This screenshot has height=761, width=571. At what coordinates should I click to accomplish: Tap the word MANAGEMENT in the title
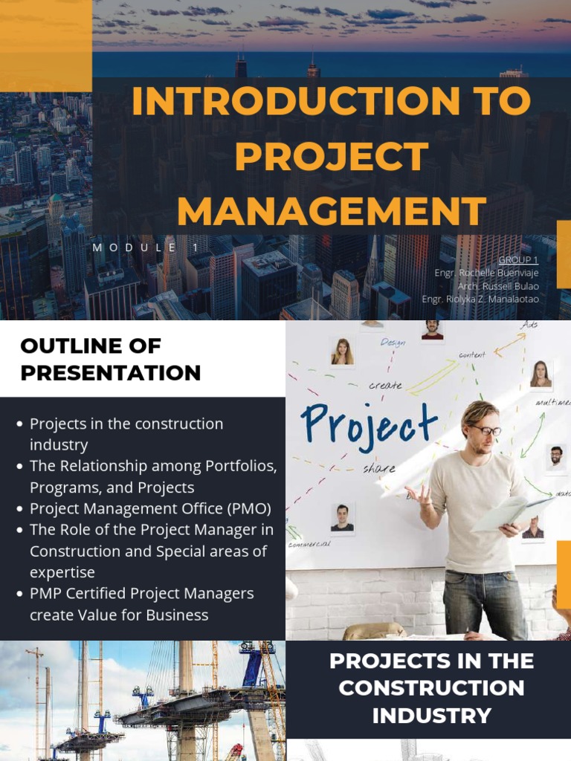pyautogui.click(x=332, y=211)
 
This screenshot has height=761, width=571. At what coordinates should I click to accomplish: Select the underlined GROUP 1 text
pyautogui.click(x=518, y=260)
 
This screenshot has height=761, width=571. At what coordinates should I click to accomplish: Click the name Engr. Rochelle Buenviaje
pyautogui.click(x=486, y=273)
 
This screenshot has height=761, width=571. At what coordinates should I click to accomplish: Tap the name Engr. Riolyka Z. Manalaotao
pyautogui.click(x=480, y=299)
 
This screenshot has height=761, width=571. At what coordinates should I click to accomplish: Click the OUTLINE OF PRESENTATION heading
pyautogui.click(x=111, y=359)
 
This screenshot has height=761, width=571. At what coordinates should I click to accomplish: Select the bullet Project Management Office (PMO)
pyautogui.click(x=150, y=509)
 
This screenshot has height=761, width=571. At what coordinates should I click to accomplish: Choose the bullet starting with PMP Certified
pyautogui.click(x=141, y=604)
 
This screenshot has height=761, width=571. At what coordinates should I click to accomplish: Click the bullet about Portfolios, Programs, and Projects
pyautogui.click(x=152, y=476)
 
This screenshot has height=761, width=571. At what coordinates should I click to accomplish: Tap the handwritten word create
pyautogui.click(x=385, y=386)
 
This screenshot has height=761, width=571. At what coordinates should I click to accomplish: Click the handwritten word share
pyautogui.click(x=379, y=469)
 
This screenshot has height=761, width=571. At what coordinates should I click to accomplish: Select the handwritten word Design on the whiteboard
pyautogui.click(x=393, y=343)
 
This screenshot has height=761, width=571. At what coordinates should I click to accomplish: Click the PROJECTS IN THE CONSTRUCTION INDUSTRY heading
pyautogui.click(x=431, y=688)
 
